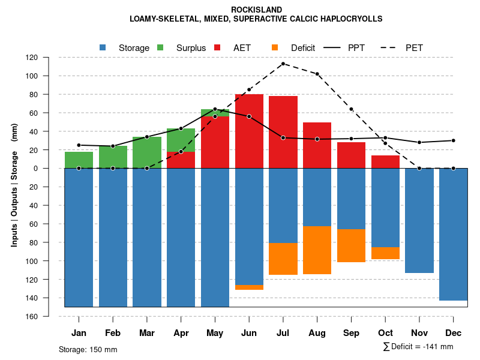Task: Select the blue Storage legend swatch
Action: tap(103, 47)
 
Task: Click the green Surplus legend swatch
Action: tap(160, 47)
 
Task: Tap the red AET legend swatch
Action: tap(217, 47)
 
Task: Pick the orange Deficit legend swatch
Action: tap(275, 47)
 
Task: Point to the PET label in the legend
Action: tap(414, 47)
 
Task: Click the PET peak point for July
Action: tap(283, 64)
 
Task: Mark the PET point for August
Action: tap(317, 74)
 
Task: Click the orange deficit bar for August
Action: tap(317, 250)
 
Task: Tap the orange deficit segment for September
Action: tap(352, 245)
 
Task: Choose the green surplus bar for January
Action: tap(79, 160)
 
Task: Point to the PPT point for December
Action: tap(454, 140)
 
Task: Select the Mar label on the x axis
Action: tap(147, 333)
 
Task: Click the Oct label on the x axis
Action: tap(385, 333)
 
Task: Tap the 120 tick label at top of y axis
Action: tap(49, 58)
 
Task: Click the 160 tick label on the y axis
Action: tap(49, 316)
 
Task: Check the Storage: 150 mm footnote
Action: tap(88, 349)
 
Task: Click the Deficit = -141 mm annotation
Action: tap(418, 347)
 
